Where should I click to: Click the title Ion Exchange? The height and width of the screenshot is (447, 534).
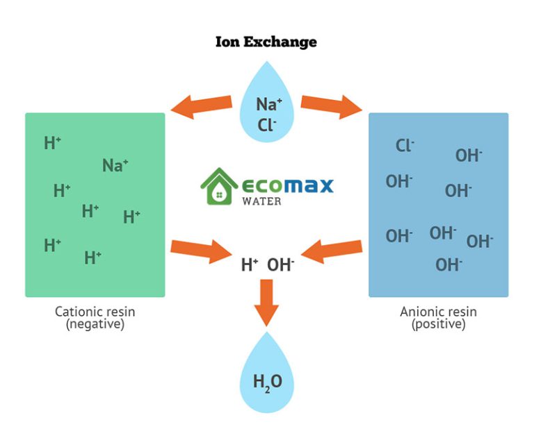click(x=266, y=42)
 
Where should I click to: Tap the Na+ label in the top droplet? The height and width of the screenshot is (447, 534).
click(x=268, y=104)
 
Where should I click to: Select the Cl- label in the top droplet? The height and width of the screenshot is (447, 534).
click(x=267, y=124)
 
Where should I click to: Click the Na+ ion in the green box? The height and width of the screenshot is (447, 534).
click(x=115, y=165)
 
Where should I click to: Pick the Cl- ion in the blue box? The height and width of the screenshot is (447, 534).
click(x=405, y=145)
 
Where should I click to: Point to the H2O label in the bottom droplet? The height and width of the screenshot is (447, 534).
click(x=266, y=382)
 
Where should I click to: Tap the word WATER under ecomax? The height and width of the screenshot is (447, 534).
click(x=262, y=201)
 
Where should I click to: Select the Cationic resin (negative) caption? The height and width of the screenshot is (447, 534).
click(x=95, y=317)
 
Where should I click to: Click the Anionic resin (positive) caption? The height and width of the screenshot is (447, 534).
click(x=438, y=317)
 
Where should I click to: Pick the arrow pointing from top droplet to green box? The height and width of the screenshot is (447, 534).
click(x=202, y=106)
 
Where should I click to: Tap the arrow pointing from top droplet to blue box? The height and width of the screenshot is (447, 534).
click(x=332, y=106)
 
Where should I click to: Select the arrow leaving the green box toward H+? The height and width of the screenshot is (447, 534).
click(x=200, y=249)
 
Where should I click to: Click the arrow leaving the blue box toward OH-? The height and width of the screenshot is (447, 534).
click(x=332, y=249)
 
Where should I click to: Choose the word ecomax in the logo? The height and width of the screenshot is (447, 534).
click(x=287, y=185)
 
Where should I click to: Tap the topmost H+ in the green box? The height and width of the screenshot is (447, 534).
click(x=52, y=144)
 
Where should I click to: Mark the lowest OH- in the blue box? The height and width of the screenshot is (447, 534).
click(x=449, y=264)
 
